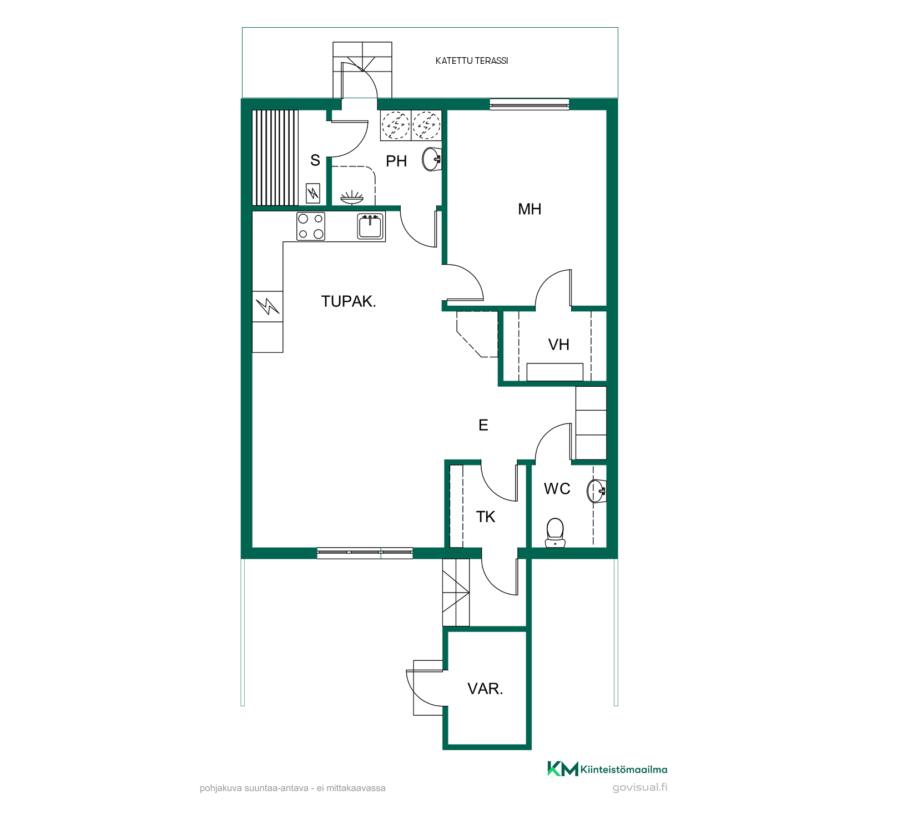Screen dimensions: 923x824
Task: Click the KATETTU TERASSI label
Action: coord(472,60)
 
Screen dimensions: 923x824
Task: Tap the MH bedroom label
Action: coord(529,209)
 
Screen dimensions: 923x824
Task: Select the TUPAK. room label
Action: coord(349,301)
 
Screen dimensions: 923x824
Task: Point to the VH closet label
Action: coord(559,345)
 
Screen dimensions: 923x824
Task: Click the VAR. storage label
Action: coord(485,689)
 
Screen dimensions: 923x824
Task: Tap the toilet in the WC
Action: coord(555,533)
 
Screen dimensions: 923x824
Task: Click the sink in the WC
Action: coord(597,491)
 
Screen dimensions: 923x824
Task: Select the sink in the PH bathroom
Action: coord(432,159)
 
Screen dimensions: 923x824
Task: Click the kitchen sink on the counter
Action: coord(370,226)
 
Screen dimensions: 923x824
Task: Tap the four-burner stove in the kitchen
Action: coord(311,226)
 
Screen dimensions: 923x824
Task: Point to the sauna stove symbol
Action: coord(313,193)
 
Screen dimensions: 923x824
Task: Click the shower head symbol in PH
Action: coord(351,197)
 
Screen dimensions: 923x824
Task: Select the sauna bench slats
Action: coord(275,158)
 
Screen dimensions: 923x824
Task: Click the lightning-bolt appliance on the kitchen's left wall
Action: coord(268,306)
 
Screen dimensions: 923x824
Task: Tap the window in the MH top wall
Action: coord(529,104)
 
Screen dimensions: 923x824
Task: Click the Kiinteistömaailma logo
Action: coord(607,769)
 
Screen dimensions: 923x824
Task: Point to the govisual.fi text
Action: coord(640,787)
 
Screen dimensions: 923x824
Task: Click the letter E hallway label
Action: coord(483,425)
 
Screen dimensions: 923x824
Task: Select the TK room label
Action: coord(486,517)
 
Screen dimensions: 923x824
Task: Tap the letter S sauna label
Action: coord(315,160)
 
